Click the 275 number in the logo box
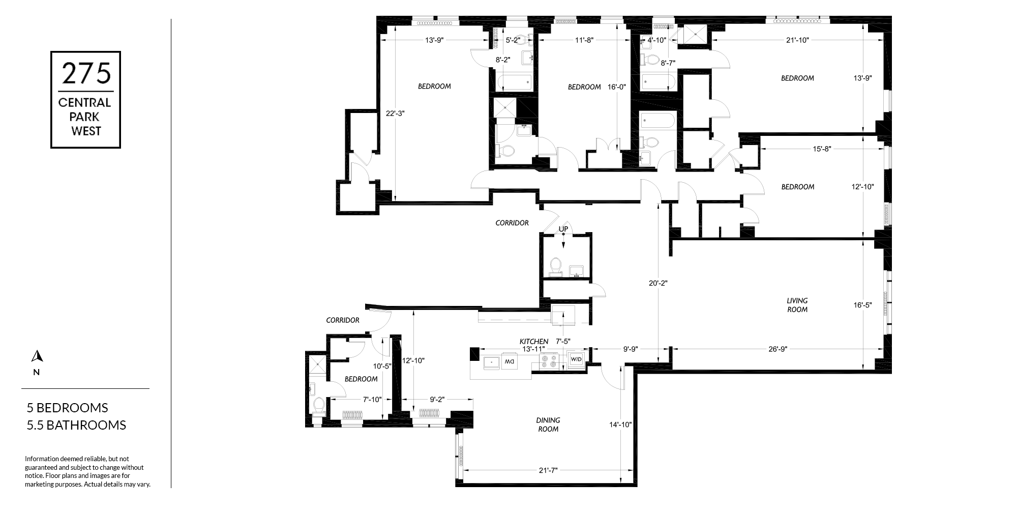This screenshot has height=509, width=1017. [86, 73]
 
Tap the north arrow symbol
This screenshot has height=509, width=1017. [36, 356]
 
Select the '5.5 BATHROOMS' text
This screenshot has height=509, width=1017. [76, 425]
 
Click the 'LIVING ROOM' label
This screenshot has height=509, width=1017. [797, 305]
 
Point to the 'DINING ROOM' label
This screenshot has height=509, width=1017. [548, 425]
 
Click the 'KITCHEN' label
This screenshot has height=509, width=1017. [533, 341]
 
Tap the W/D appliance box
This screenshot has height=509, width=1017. [577, 360]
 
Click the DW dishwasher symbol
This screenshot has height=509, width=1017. [509, 361]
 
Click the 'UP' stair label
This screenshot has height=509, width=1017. [563, 229]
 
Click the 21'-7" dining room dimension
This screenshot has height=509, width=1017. [548, 470]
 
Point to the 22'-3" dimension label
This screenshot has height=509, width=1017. [395, 113]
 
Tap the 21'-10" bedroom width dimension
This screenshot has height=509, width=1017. [797, 40]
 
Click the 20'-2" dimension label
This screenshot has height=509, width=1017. [658, 283]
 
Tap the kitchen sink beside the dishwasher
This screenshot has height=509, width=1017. [491, 362]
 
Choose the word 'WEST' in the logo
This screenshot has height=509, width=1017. [86, 131]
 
